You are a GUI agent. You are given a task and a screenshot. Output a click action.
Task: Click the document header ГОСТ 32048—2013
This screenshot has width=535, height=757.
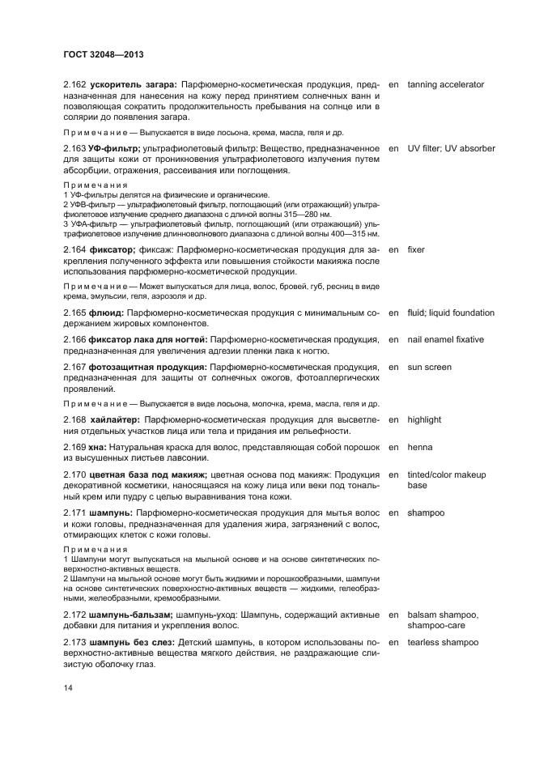coord(104,55)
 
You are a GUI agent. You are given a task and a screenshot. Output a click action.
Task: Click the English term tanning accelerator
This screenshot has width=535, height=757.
coord(446,84)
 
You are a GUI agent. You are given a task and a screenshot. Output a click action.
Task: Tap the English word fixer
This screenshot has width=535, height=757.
coord(416,250)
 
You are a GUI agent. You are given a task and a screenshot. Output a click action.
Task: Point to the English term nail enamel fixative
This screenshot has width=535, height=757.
coord(446,339)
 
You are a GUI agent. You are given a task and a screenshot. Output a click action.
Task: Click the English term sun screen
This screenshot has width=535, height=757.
coord(430,367)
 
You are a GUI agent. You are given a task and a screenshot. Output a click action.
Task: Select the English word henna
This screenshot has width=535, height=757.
coord(420,447)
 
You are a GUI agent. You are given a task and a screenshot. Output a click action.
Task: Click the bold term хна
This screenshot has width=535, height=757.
coord(98,447)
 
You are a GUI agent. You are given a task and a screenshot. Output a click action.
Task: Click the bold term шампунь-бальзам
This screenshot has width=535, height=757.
coord(132,615)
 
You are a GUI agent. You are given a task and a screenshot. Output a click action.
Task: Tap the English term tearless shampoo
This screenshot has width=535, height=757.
coord(443,642)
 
